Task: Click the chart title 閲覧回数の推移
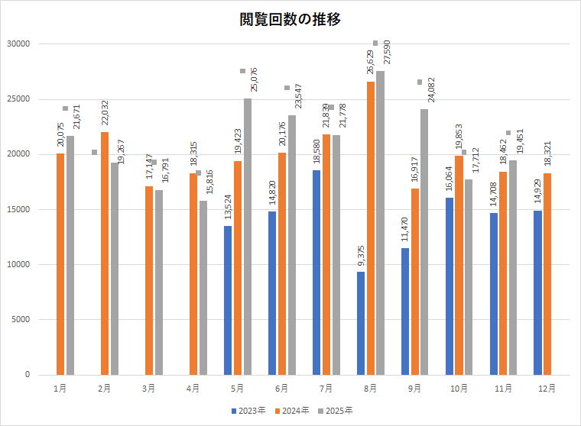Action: (x=290, y=21)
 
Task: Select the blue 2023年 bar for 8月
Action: (x=361, y=323)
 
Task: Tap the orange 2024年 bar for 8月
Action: (x=371, y=228)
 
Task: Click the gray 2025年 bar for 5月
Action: (x=248, y=236)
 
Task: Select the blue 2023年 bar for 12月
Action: (x=538, y=292)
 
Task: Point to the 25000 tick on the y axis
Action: (x=18, y=99)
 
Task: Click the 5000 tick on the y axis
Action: (x=20, y=320)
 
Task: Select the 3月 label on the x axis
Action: (x=148, y=389)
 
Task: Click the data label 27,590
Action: (x=387, y=56)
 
